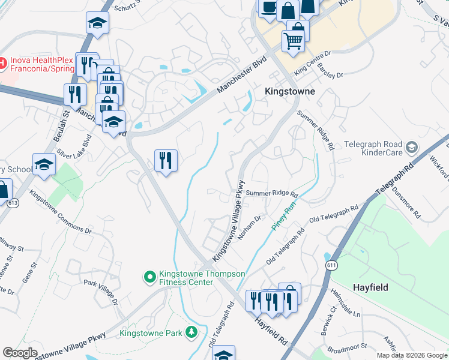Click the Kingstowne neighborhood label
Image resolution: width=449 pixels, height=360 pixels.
pyautogui.click(x=290, y=92)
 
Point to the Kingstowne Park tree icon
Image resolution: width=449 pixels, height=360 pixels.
pyautogui.click(x=191, y=331)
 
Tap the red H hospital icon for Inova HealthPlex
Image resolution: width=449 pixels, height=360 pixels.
pyautogui.click(x=2, y=62)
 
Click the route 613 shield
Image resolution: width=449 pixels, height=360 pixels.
pyautogui.click(x=13, y=203)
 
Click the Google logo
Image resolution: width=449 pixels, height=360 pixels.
pyautogui.click(x=20, y=352)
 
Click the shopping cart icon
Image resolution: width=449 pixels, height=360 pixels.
pyautogui.click(x=293, y=41)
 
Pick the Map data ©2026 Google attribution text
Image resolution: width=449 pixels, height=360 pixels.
pyautogui.click(x=412, y=355)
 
